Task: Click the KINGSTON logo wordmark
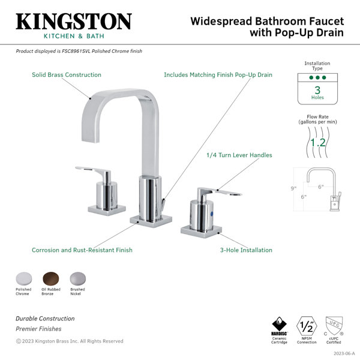pos(74,21)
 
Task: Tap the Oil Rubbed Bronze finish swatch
pos(51,279)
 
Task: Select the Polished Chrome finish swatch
pos(24,279)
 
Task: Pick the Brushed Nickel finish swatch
pos(78,279)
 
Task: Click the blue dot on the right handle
pos(212,214)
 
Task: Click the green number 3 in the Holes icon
pos(317,90)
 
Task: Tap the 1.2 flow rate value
pos(318,143)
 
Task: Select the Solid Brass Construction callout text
pos(67,75)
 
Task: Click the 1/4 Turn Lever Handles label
pos(239,155)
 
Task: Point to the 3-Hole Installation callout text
pos(246,250)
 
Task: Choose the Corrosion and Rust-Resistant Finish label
pos(82,250)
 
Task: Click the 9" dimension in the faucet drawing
pos(293,188)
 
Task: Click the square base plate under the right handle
pos(202,231)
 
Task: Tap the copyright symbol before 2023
pos(19,341)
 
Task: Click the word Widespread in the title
pos(221,22)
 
